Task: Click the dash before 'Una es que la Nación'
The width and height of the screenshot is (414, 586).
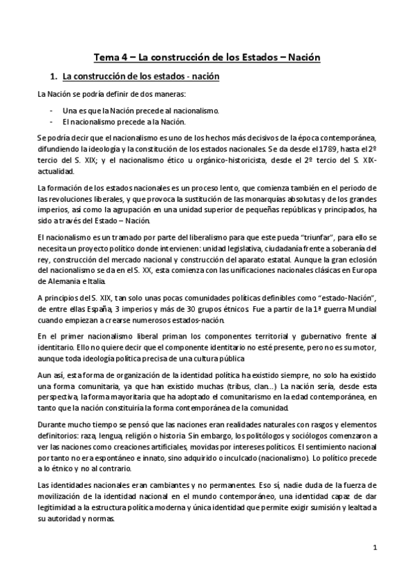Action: tap(53, 110)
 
